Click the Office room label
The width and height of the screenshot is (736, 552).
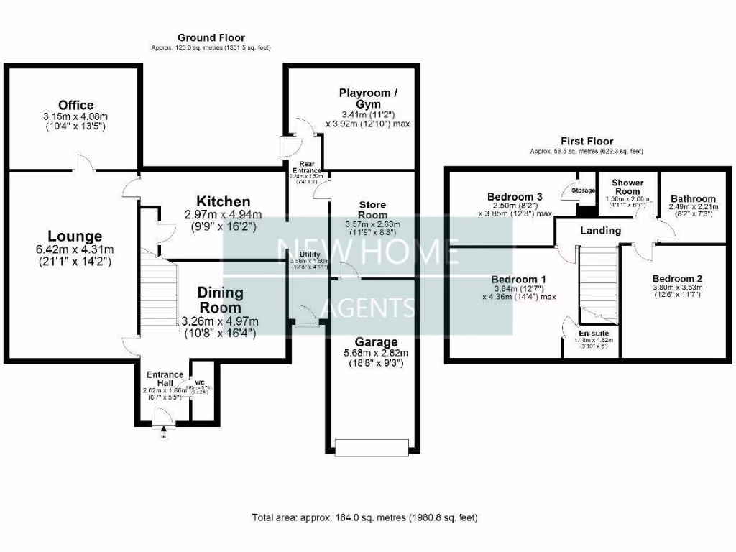pos(75,106)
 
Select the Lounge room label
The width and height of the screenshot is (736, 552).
pos(75,236)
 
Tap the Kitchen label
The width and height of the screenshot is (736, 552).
pos(223,202)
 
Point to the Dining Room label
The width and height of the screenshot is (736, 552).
pos(220,300)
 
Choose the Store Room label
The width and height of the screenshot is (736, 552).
pos(372,210)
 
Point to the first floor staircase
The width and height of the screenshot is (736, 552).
pos(598,280)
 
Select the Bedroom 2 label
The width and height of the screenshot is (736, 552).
pos(676,278)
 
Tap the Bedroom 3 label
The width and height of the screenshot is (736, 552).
pos(514,197)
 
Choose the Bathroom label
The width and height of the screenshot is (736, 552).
pos(693,199)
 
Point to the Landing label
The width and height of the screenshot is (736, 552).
pos(600,231)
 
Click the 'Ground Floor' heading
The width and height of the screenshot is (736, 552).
pos(211,37)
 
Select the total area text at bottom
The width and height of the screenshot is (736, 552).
pos(364,517)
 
